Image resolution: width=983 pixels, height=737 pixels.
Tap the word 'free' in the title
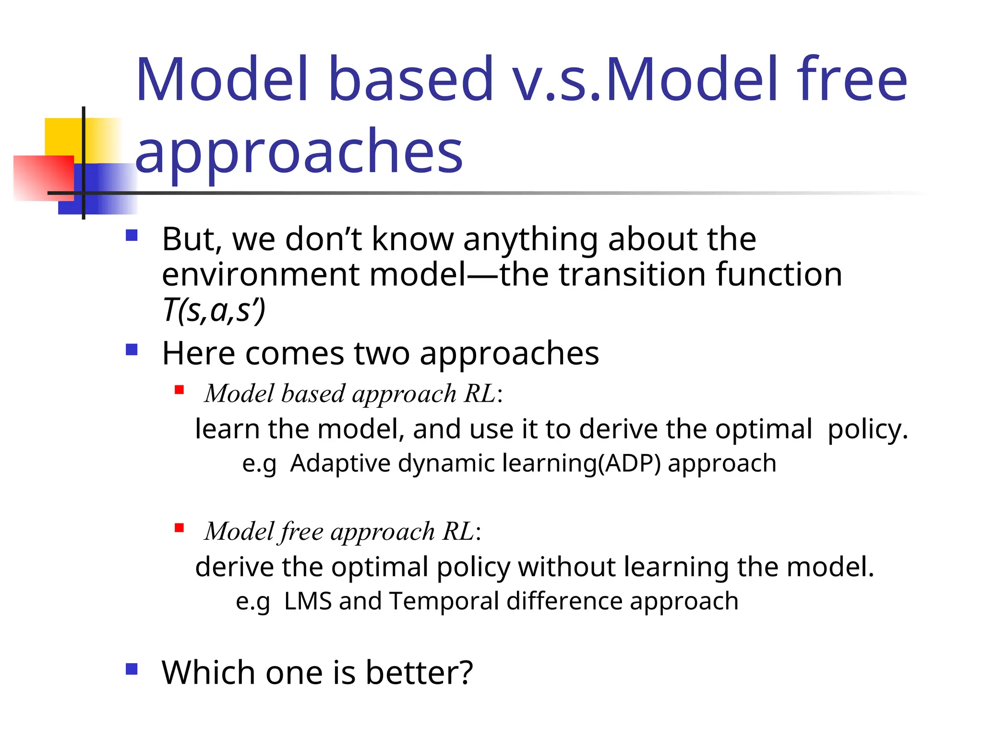851,80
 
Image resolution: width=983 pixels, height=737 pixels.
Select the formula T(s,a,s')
214,310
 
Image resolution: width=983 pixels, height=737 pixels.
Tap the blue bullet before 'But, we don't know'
132,235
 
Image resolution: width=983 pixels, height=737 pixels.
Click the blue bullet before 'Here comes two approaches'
132,349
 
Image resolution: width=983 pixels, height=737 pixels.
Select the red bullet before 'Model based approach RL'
180,390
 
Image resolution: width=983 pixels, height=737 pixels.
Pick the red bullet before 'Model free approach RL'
180,528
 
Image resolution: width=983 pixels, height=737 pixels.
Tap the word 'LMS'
308,601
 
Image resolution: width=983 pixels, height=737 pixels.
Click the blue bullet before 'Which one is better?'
132,669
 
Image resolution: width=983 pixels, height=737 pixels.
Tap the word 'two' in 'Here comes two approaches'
382,354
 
